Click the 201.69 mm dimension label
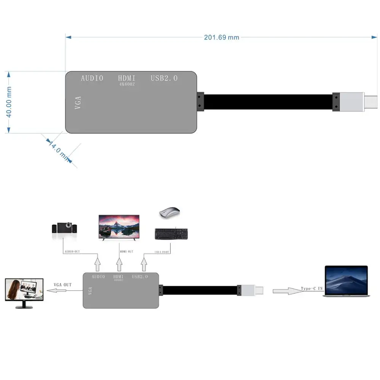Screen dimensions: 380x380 tap(222, 37)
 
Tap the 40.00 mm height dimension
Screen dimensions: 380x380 tap(9, 102)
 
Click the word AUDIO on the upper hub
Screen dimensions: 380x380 tap(92, 78)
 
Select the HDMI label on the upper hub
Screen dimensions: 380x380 tap(127, 78)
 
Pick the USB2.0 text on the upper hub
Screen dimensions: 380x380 tap(164, 78)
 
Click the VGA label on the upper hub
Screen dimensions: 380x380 tap(78, 103)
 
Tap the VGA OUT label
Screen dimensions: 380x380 tap(62, 285)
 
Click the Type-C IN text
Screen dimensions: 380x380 tap(312, 288)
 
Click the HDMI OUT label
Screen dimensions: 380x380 tap(127, 252)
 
